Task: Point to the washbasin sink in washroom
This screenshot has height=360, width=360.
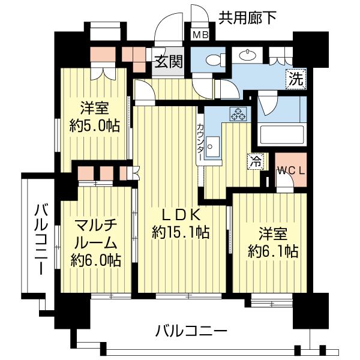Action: [247, 55]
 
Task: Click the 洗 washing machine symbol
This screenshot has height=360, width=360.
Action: [295, 77]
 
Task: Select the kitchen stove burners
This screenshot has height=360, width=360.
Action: [238, 113]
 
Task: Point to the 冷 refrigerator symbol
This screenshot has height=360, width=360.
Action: [254, 161]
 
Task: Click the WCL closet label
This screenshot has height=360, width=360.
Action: [291, 170]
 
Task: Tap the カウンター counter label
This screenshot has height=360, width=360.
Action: [200, 142]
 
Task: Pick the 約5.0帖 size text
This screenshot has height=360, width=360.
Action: [94, 126]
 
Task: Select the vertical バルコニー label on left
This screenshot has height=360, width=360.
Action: [40, 239]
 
